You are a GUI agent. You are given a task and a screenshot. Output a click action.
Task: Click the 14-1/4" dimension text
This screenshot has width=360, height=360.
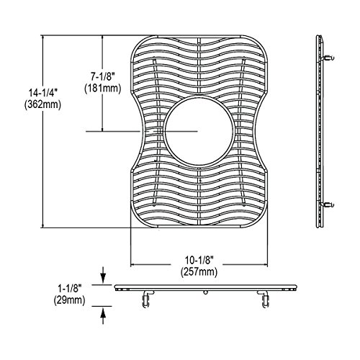coord(42,93)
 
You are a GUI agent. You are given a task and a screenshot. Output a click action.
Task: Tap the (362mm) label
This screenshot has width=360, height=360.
coord(42,104)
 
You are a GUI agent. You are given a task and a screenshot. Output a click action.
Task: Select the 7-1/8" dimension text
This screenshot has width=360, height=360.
coord(103,77)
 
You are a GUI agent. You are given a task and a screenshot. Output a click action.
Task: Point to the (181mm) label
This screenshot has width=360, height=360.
coord(103,89)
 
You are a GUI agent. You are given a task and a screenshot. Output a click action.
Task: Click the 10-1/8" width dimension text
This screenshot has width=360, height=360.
coord(199,260)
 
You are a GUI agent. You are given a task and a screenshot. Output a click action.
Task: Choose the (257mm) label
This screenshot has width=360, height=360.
coord(199,272)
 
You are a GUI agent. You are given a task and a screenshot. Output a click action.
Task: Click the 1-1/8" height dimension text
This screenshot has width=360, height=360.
coord(70,289)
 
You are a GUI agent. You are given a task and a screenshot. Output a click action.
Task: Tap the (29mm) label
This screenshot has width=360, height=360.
coord(70,300)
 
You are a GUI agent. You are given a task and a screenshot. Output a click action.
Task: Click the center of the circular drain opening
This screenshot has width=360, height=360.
coord(199,131)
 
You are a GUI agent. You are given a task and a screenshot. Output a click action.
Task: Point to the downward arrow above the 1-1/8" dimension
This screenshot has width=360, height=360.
coord(103,275)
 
